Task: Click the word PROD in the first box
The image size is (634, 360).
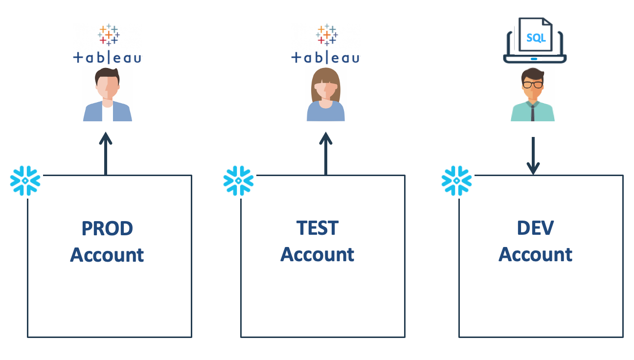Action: pos(107,228)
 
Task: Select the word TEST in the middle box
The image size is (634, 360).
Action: pos(317,228)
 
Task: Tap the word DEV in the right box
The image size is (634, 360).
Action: pos(535,228)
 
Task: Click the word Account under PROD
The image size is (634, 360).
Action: pos(107,255)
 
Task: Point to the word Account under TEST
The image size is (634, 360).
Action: pos(317,255)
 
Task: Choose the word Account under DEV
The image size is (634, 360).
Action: pos(535,255)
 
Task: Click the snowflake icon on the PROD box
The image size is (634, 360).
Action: pos(25,181)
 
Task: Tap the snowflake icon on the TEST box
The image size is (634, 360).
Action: pos(238,181)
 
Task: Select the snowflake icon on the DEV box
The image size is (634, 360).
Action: pos(456,181)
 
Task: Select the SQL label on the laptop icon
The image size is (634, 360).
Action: pos(536,38)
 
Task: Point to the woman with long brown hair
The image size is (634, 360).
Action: pos(325,95)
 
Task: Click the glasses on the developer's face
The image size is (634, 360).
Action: pos(532,84)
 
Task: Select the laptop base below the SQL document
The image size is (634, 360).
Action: pos(535,59)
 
